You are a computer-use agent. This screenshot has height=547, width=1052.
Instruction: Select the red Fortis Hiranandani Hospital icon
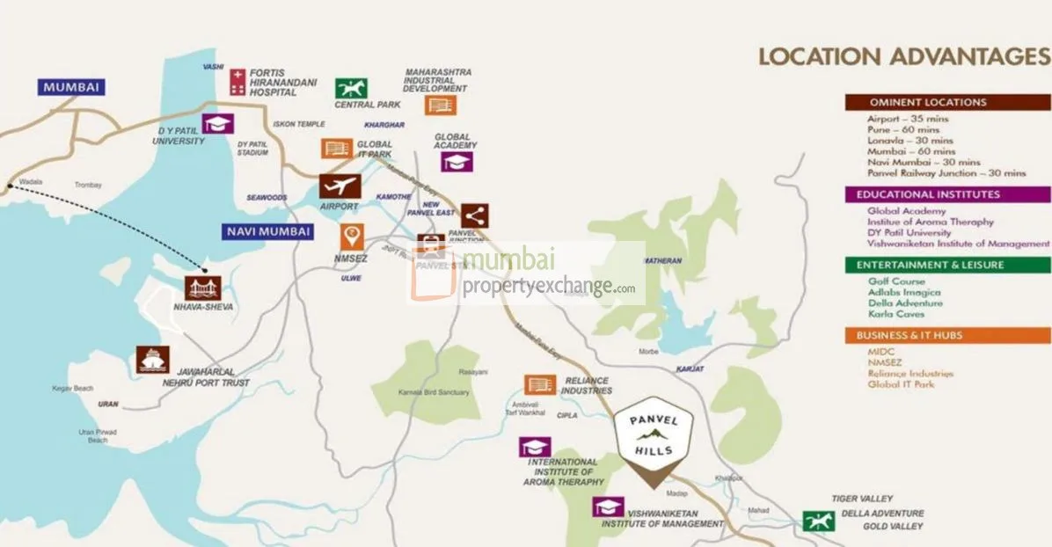click(237, 82)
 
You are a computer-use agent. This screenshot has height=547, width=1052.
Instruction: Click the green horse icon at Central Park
click(351, 88)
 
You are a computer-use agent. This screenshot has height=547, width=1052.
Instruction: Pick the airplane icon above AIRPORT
click(340, 186)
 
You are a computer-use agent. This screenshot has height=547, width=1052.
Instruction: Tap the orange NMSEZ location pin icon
click(353, 236)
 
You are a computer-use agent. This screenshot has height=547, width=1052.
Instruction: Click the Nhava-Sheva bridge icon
click(202, 288)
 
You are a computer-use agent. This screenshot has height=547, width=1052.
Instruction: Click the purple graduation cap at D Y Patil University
click(217, 123)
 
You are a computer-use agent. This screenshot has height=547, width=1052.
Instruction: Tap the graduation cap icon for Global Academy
click(457, 162)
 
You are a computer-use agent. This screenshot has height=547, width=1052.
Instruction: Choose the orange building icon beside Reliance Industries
click(540, 384)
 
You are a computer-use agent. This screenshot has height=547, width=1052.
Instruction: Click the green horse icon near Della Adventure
click(818, 521)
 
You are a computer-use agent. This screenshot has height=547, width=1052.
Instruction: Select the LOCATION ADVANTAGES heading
click(904, 57)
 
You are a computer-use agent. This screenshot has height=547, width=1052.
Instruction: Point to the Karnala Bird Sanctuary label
click(434, 392)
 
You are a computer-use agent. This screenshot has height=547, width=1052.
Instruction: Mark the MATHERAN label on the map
click(662, 260)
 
